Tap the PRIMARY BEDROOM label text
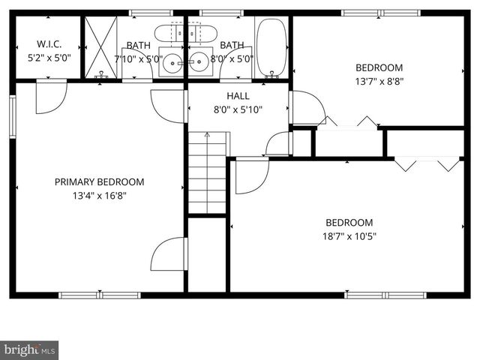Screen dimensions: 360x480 coord(99,181)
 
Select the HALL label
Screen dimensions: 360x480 coord(238,96)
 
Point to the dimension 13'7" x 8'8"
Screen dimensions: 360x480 coord(379,81)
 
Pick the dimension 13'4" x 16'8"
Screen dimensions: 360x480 coord(99,196)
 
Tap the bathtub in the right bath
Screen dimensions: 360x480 coord(271,48)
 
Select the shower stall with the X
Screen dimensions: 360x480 coord(100,46)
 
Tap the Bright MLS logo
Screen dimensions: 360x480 coord(29,349)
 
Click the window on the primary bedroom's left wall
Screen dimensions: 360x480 coord(13,116)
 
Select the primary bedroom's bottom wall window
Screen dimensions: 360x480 coord(100,295)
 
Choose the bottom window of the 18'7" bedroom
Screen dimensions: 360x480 coord(385,295)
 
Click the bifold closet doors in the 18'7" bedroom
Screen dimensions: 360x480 coord(427,163)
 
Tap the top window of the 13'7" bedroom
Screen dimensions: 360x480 coord(380,13)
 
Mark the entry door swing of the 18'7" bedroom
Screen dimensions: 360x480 coord(250,175)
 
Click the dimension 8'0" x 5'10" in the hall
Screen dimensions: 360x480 coord(238,110)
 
